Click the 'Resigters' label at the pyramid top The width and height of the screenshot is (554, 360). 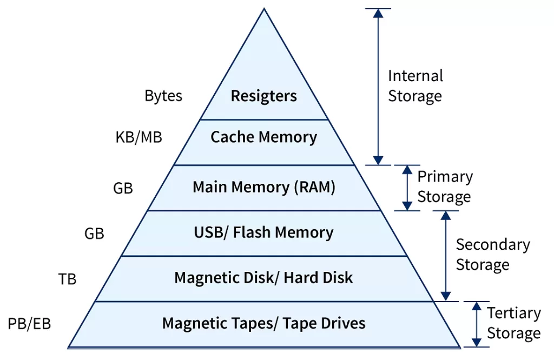click(263, 96)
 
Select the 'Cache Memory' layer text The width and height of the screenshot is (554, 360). click(263, 137)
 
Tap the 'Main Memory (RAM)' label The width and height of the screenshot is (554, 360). click(263, 187)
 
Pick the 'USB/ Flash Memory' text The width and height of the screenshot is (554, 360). click(263, 232)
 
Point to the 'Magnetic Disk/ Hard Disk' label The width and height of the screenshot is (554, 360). click(263, 278)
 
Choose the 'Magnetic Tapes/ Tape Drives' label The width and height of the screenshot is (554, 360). click(263, 323)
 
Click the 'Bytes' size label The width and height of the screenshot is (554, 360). click(163, 96)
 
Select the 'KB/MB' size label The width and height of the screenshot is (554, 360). click(138, 137)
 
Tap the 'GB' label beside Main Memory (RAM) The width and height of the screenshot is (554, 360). click(123, 188)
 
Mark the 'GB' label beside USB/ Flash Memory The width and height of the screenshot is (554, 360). click(94, 234)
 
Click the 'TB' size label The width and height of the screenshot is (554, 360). click(67, 279)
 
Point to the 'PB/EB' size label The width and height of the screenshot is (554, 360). click(29, 324)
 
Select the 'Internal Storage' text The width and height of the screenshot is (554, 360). click(415, 86)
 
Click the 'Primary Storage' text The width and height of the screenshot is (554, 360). click(444, 186)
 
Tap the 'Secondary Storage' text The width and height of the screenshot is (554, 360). click(492, 254)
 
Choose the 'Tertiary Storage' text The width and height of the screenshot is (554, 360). click(513, 323)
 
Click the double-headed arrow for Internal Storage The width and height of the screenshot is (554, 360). click(378, 86)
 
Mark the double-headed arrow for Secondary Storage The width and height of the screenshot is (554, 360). click(445, 256)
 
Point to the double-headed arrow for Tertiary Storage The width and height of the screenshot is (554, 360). click(476, 324)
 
